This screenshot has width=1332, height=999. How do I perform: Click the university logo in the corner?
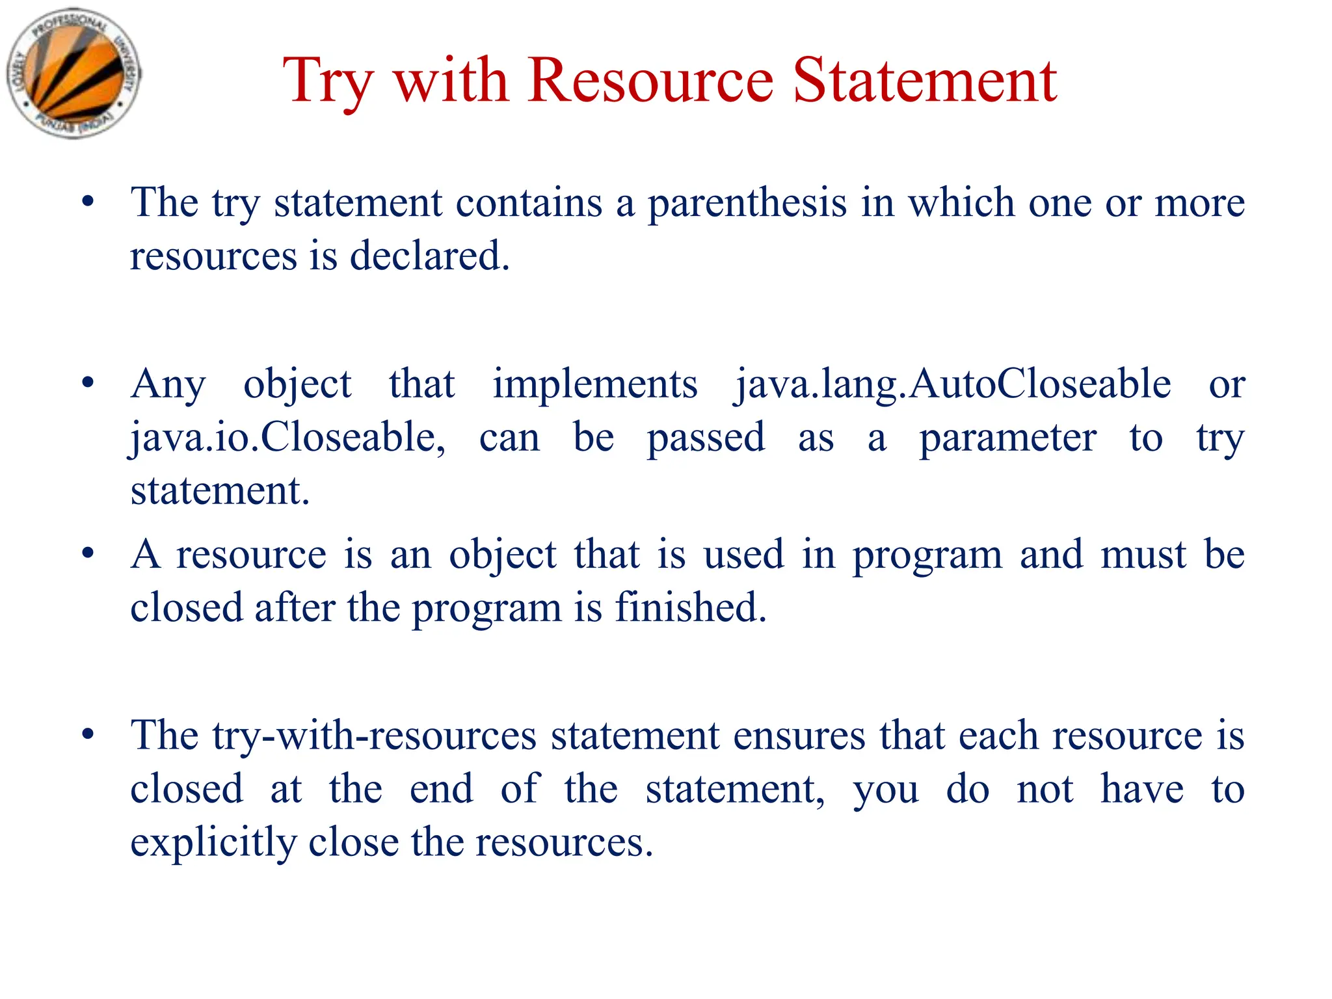73,73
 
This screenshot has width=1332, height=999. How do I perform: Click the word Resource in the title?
650,81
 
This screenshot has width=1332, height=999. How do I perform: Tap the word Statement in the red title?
925,81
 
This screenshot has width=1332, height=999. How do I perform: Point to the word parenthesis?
747,204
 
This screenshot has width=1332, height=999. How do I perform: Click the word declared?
429,256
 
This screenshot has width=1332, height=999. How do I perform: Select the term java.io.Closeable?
287,438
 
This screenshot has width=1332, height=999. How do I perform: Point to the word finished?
691,608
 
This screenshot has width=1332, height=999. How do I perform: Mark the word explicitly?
213,843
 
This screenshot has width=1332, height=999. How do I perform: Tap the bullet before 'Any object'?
88,383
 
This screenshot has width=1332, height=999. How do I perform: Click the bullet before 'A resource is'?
88,554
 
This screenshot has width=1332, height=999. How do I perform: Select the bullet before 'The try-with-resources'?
88,735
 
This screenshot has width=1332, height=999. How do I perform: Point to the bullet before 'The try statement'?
88,202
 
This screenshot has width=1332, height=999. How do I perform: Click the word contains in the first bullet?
529,203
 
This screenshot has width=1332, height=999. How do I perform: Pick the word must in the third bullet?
1143,555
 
